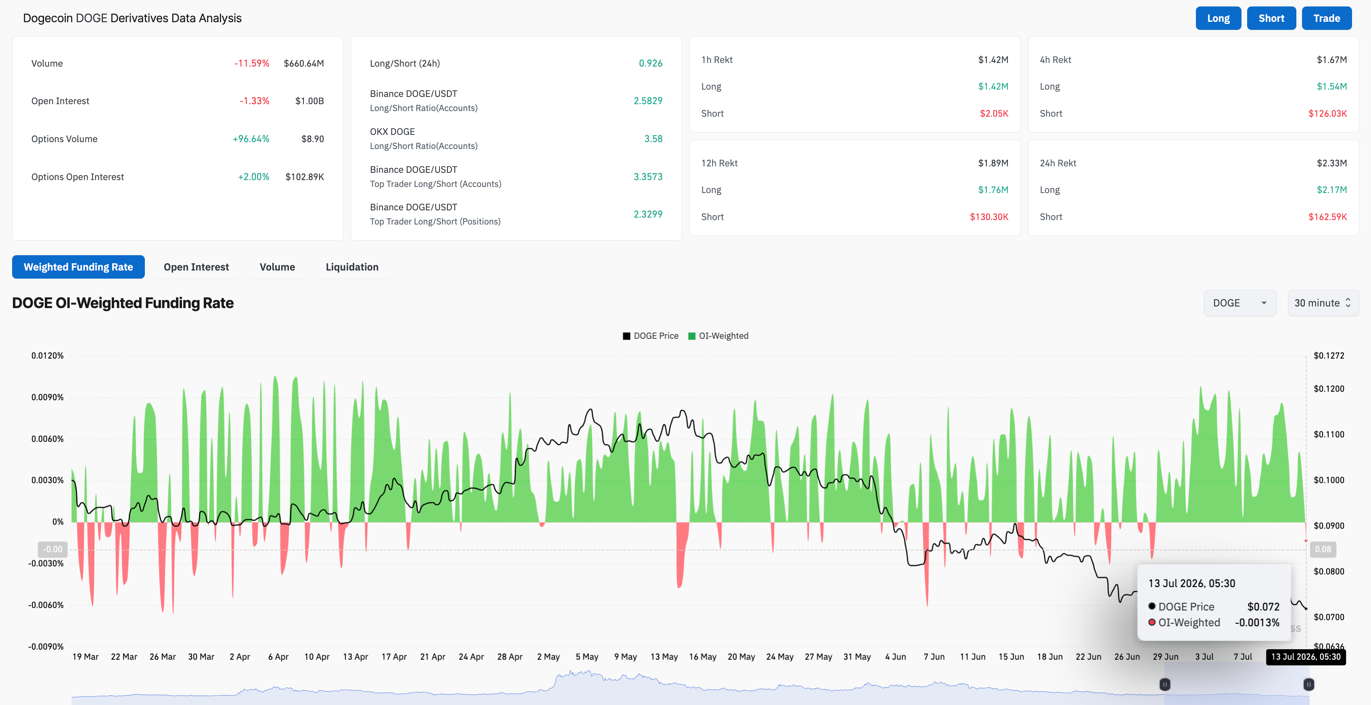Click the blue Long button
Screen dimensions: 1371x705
tap(1218, 18)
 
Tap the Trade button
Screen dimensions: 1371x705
tap(1326, 18)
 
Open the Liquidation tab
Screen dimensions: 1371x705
tap(352, 267)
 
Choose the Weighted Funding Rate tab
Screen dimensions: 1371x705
tap(78, 267)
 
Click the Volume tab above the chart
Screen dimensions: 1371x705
tap(277, 267)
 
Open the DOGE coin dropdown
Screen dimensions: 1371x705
tap(1239, 303)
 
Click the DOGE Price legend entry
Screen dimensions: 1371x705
tap(650, 336)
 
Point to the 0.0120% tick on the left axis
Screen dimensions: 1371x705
tap(47, 356)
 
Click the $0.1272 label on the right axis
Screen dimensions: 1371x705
tap(1328, 356)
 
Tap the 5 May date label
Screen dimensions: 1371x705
tap(587, 657)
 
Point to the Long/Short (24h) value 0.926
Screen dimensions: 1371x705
tap(650, 63)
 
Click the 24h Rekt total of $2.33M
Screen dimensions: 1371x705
tap(1331, 163)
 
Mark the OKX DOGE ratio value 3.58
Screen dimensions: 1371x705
tap(653, 139)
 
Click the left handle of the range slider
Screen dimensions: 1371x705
tap(1164, 684)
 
